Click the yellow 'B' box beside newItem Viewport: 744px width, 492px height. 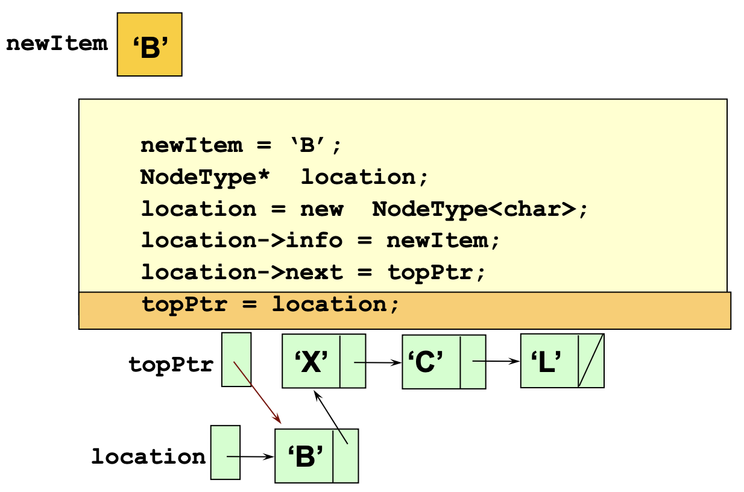[150, 45]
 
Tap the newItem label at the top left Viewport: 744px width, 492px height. [57, 44]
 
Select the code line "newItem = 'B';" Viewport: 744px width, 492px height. [241, 145]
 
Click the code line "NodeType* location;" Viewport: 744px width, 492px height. [284, 177]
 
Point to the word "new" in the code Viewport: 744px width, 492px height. [321, 209]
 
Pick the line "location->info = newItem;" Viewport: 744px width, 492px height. [321, 241]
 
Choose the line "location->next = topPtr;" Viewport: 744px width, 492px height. [313, 272]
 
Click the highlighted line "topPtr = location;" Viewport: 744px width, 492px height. [271, 304]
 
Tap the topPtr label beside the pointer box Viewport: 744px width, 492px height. [171, 365]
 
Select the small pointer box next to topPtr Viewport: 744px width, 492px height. [236, 359]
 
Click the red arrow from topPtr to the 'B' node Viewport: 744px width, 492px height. [258, 393]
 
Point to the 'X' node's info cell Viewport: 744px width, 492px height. [311, 361]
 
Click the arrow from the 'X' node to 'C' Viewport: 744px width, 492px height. [378, 362]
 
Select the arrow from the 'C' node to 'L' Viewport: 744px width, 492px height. [496, 362]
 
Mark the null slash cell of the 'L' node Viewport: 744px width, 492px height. [591, 361]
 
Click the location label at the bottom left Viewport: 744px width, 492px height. [148, 456]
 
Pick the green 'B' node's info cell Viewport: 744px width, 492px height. [304, 456]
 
